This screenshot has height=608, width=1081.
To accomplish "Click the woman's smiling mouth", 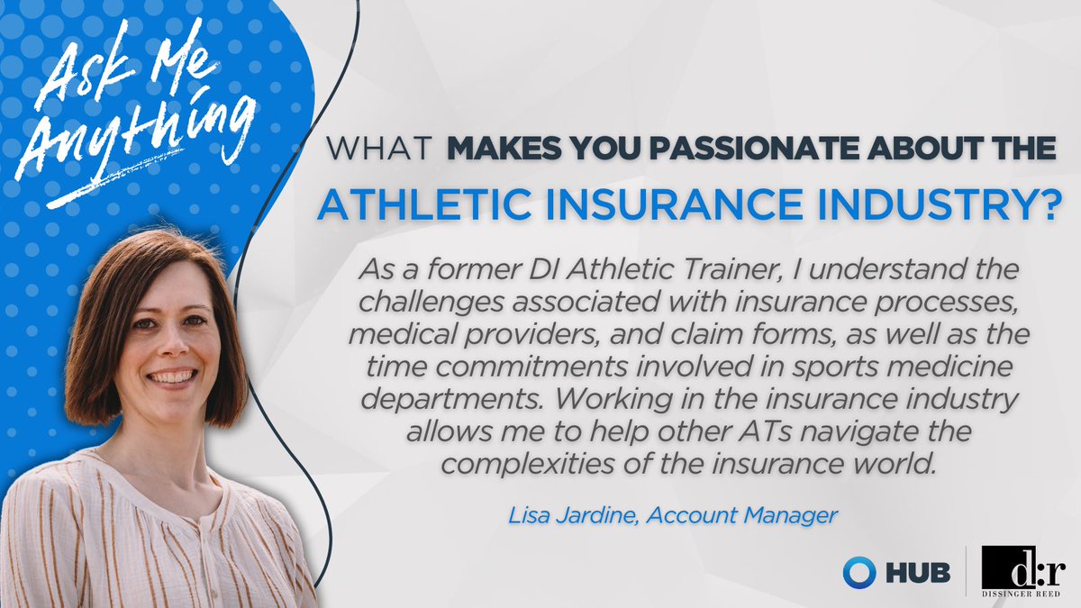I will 171,377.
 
